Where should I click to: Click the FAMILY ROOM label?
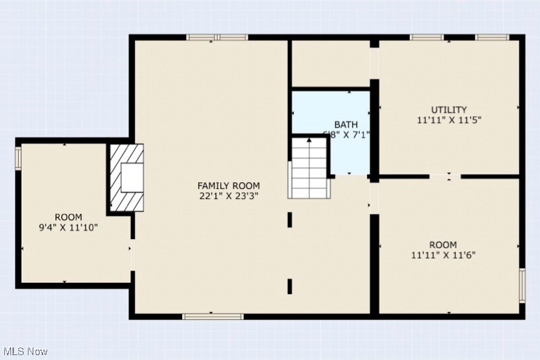point(229,186)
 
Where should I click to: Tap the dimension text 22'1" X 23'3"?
point(229,196)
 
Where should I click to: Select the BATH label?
point(345,124)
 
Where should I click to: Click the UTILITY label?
point(448,110)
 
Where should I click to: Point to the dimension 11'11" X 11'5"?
point(448,120)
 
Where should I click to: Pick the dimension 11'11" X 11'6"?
point(443,255)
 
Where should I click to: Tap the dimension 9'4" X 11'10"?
point(68,227)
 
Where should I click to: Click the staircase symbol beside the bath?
point(309,168)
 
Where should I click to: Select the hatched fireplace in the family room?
point(126,178)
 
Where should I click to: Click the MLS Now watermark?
point(24,352)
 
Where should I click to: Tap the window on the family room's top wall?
point(218,37)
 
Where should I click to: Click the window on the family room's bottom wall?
point(213,316)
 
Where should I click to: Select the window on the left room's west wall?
point(19,158)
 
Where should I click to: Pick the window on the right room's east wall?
point(522,286)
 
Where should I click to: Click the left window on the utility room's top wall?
point(427,37)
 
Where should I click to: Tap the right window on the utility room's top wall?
point(492,37)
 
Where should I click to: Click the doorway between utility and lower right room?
point(449,177)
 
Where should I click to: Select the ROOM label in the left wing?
point(68,217)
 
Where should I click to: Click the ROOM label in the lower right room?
point(443,245)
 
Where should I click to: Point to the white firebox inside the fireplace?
point(131,179)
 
